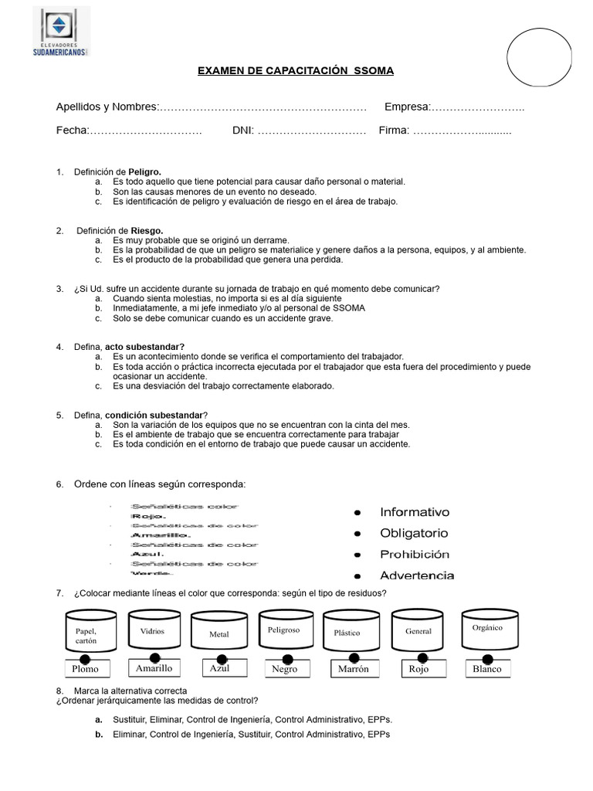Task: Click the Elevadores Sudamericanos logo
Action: click(62, 32)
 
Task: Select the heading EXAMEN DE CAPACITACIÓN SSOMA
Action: click(296, 71)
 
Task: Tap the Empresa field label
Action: click(406, 107)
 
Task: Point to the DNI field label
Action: click(242, 131)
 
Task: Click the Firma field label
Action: click(394, 131)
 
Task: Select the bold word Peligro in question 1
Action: click(144, 171)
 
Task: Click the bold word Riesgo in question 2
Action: click(146, 230)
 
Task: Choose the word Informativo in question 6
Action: click(414, 512)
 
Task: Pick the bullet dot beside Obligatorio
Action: click(357, 534)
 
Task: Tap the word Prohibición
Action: click(414, 555)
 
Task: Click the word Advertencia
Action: click(417, 575)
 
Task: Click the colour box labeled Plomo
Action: click(85, 669)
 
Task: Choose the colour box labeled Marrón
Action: click(354, 669)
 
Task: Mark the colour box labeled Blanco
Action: click(486, 669)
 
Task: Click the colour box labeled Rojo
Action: click(418, 669)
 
